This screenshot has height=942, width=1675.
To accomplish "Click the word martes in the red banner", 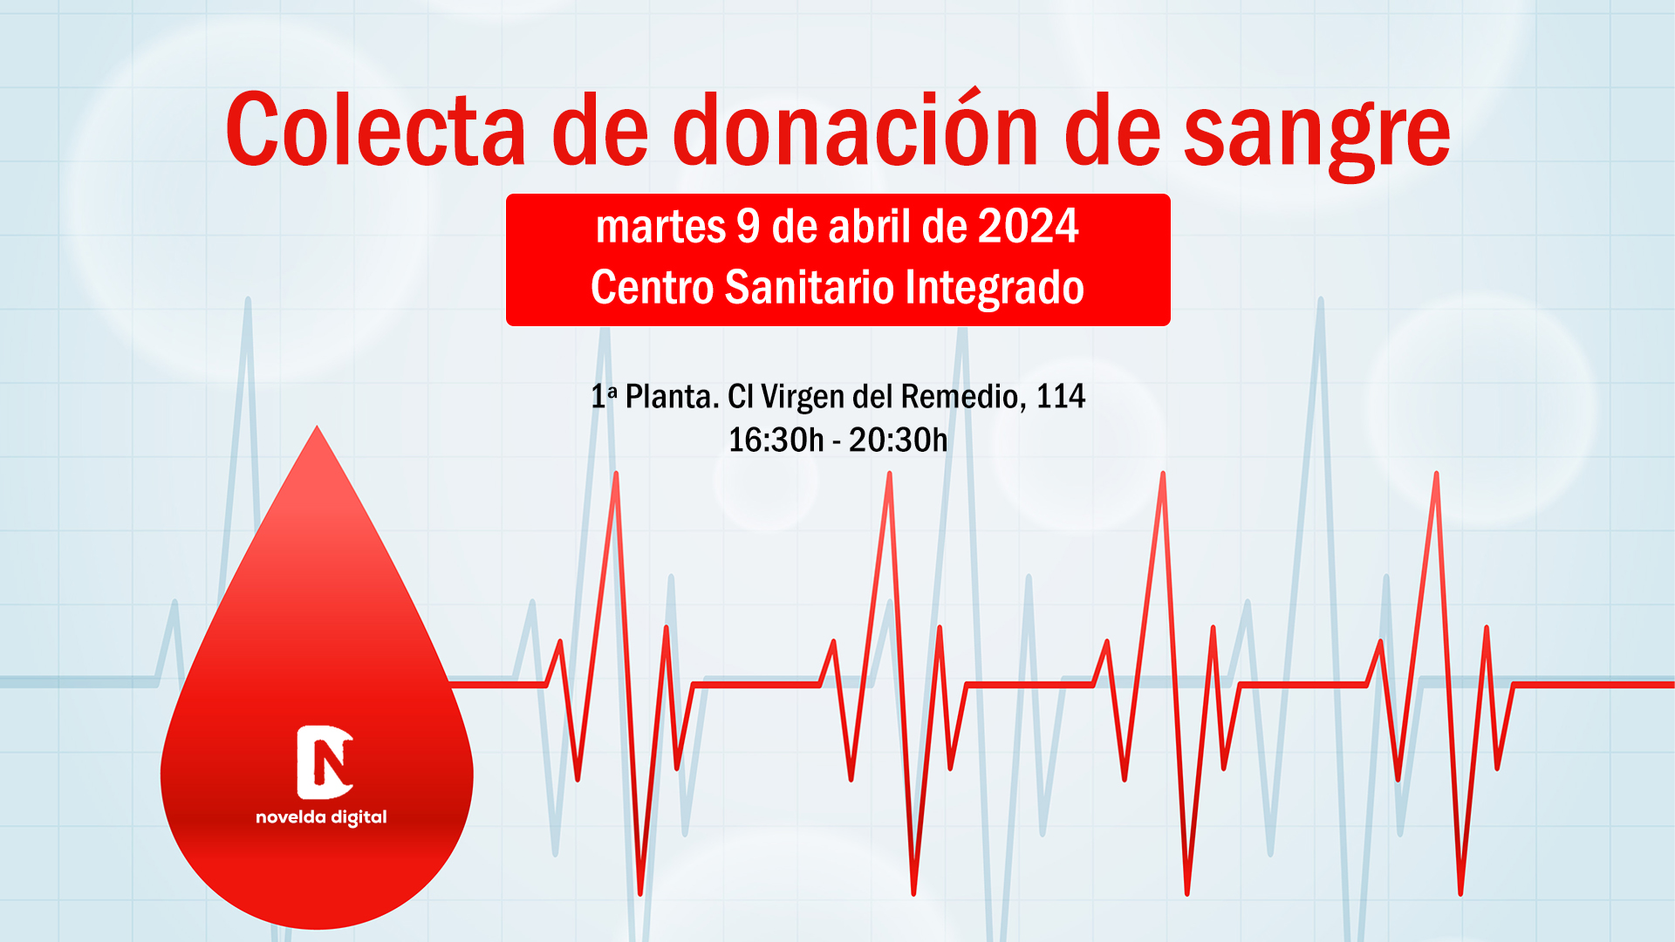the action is [660, 227].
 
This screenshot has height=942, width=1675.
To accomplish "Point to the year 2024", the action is [1028, 226].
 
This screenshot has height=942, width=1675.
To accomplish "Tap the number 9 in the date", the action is [749, 226].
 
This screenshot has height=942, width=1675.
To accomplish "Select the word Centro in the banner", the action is [653, 287].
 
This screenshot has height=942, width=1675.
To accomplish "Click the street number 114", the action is [1061, 397].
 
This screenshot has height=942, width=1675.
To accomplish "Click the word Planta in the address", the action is [670, 397].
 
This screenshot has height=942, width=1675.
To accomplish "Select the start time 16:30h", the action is [776, 440].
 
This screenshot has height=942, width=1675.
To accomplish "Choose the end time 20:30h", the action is [898, 440].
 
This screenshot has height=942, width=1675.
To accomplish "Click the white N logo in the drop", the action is [325, 762].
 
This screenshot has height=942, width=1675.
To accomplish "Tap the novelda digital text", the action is [321, 817].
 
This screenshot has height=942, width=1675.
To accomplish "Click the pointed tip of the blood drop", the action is [317, 427].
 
